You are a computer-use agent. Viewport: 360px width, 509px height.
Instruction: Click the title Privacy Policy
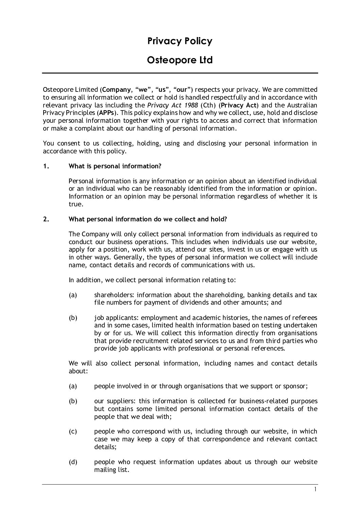(180, 41)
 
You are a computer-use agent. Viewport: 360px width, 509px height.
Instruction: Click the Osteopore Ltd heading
(180, 60)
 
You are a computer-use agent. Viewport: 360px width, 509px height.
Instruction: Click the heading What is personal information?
(115, 166)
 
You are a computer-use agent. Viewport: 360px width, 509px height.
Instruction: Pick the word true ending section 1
(75, 204)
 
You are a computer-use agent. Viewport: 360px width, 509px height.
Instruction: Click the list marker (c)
(73, 431)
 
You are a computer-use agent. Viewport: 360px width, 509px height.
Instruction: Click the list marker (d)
(73, 462)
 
